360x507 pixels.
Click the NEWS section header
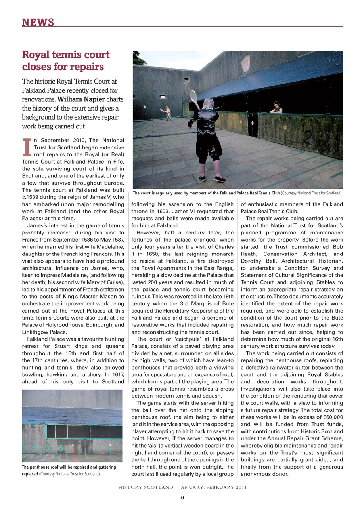click(x=38, y=22)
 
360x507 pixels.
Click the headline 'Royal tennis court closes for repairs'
click(x=65, y=60)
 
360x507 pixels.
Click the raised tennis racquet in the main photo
click(x=193, y=98)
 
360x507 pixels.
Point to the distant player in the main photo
click(x=168, y=112)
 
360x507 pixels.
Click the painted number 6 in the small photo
click(x=61, y=448)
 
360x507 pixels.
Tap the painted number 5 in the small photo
click(x=48, y=448)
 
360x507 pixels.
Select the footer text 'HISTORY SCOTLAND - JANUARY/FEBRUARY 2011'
click(x=182, y=488)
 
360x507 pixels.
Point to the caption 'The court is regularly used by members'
click(x=237, y=193)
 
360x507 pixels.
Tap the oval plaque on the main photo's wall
click(x=246, y=63)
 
